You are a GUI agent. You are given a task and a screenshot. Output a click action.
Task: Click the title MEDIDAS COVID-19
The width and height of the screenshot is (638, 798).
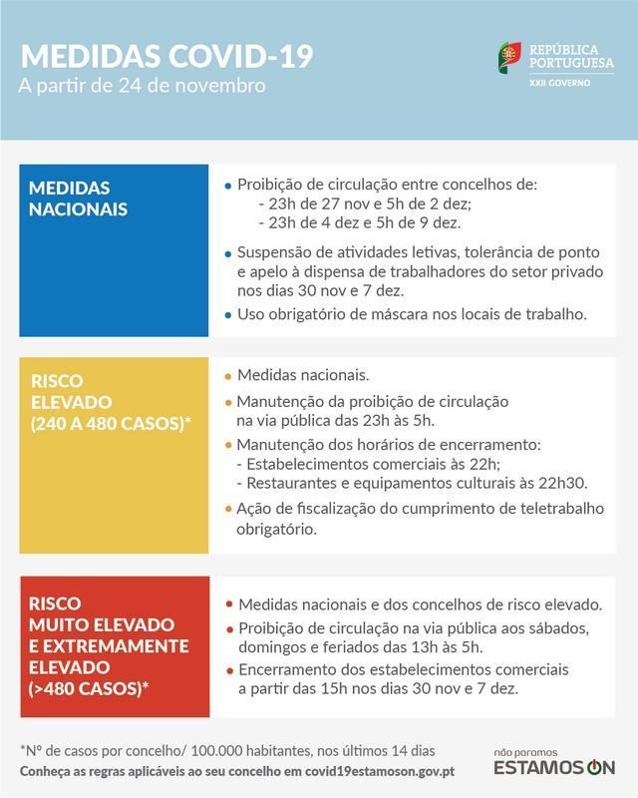165,55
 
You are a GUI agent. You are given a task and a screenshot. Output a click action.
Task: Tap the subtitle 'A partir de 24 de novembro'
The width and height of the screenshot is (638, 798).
142,86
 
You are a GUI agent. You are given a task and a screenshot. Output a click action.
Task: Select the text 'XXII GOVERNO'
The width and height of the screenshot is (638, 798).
559,82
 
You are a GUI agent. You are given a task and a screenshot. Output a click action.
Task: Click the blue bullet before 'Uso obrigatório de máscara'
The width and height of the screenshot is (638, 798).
228,315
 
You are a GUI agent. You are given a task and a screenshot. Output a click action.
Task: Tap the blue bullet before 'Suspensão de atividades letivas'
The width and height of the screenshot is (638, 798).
228,253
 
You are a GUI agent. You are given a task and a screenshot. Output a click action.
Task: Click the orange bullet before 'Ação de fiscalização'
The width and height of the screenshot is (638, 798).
228,510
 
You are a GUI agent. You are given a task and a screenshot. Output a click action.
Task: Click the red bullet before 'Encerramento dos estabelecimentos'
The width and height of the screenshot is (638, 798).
229,669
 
